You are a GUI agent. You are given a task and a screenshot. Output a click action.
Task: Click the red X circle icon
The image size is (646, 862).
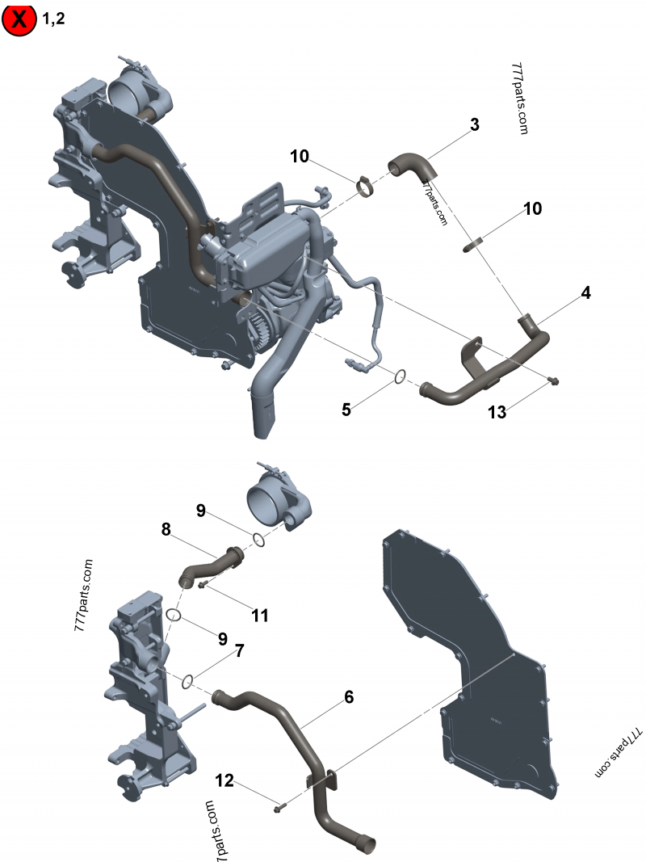20,19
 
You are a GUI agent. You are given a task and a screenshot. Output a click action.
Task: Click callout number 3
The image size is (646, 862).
475,125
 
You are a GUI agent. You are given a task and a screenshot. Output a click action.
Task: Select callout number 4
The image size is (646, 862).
585,293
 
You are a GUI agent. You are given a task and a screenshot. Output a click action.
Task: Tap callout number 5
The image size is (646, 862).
346,410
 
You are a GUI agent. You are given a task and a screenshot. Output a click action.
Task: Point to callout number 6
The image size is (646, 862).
349,696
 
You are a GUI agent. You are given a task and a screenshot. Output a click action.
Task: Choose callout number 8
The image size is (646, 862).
166,531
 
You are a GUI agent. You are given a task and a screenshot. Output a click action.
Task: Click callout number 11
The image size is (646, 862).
259,616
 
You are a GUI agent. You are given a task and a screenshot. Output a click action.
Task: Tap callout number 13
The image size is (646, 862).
497,412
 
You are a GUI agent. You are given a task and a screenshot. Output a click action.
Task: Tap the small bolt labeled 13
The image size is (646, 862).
552,379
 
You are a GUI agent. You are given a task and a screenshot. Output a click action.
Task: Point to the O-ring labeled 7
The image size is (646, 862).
187,681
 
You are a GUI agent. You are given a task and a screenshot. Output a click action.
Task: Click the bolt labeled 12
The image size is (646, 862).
279,805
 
